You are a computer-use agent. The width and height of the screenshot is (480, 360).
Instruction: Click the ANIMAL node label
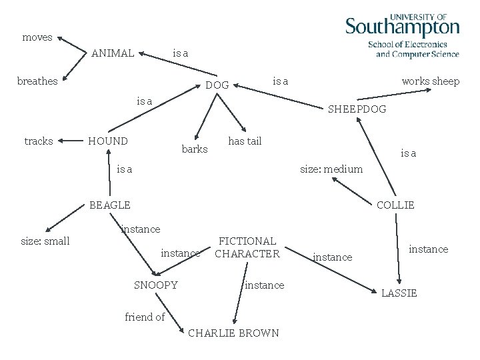pos(113,53)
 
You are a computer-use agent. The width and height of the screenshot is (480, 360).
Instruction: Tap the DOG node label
pos(217,85)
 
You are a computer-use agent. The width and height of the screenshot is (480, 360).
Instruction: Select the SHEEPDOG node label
pos(357,109)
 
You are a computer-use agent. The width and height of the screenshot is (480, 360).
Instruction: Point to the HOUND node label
pos(108,141)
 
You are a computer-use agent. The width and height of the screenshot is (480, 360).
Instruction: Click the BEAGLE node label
pos(110,205)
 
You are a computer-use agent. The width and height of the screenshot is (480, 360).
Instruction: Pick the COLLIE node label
pos(395,205)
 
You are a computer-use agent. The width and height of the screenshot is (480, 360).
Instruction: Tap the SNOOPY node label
pos(156,285)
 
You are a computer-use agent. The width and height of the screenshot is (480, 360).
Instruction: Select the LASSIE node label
pos(399,293)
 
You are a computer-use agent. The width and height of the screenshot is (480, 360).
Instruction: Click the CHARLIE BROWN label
pos(233,333)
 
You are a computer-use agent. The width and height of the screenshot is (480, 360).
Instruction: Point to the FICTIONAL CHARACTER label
pos(247,247)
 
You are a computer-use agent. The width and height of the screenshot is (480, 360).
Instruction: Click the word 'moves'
pos(37,37)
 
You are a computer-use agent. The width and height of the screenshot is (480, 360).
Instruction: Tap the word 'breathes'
pos(37,81)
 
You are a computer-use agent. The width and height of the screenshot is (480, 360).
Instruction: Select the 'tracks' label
pos(39,141)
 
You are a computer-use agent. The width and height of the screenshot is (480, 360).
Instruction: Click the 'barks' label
pos(195,149)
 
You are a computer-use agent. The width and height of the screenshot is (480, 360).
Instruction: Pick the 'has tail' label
pos(245,141)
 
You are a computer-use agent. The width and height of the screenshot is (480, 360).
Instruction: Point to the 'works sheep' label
pos(430,81)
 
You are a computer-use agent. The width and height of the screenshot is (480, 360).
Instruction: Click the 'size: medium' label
pos(331,169)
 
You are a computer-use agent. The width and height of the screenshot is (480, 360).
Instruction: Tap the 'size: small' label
pos(45,241)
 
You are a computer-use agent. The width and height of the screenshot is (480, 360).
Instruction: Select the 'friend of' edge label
pos(145,317)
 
